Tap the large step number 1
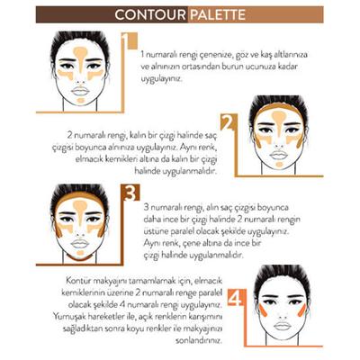click(129, 43)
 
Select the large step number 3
click(129, 193)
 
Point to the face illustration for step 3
click(80, 220)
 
